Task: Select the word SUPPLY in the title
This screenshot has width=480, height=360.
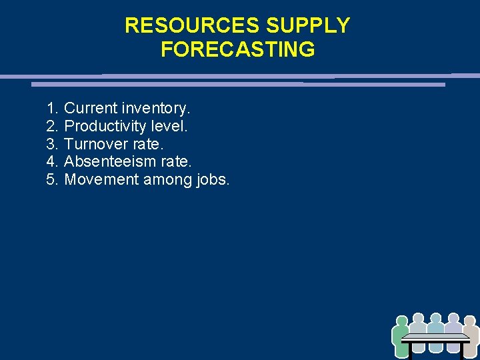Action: tap(308, 25)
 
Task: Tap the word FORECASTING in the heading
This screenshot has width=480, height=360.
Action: tap(237, 49)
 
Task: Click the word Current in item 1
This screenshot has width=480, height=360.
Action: tap(90, 108)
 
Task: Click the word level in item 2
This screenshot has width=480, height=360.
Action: tap(172, 126)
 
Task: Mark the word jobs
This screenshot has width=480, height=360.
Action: tap(214, 180)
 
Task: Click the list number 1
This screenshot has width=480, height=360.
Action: tap(51, 108)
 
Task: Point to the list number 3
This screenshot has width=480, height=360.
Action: tap(51, 144)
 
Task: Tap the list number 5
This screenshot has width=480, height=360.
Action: tap(51, 180)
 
